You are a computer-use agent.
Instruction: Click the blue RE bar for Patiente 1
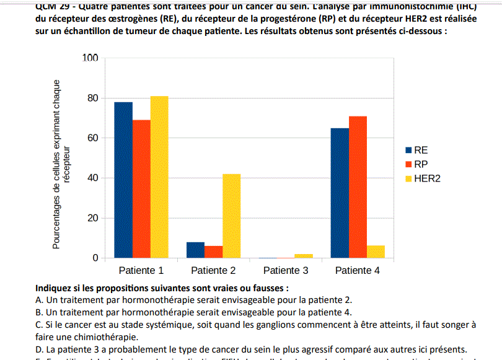click(x=123, y=180)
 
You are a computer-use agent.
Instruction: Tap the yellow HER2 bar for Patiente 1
click(x=159, y=177)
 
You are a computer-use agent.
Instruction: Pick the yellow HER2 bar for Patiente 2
click(x=231, y=216)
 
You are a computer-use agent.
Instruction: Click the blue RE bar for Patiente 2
click(x=195, y=250)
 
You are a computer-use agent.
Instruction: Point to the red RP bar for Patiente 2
click(x=213, y=252)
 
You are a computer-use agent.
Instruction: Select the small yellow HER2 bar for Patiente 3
click(x=304, y=256)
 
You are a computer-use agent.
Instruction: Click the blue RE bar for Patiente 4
click(x=340, y=193)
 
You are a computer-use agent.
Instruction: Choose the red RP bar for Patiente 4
click(x=358, y=187)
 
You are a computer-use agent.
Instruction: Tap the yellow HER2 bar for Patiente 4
click(x=376, y=252)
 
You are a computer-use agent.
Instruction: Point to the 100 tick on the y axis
click(x=90, y=58)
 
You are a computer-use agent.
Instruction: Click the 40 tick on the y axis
click(x=93, y=178)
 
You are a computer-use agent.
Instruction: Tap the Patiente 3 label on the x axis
click(x=286, y=270)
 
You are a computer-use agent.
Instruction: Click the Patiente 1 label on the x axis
click(x=141, y=270)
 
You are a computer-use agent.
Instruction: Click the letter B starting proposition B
click(x=39, y=312)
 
